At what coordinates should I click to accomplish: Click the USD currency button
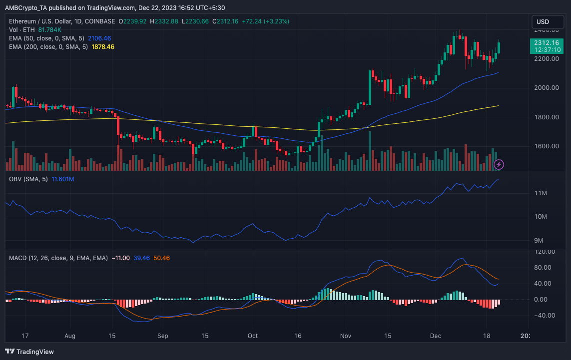[543, 22]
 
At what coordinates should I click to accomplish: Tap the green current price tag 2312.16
[543, 43]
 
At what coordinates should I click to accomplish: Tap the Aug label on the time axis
[70, 336]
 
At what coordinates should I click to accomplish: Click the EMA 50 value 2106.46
[99, 38]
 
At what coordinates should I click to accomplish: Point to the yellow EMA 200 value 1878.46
[103, 46]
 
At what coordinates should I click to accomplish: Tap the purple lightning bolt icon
[499, 164]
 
